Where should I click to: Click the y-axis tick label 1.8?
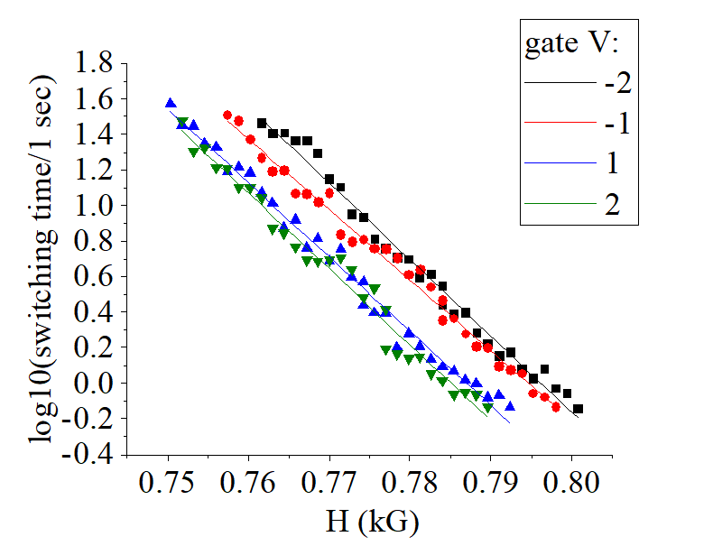click(x=95, y=63)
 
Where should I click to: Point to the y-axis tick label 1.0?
click(x=95, y=206)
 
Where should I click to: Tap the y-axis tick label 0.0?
click(x=95, y=384)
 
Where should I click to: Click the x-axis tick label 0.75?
click(x=169, y=488)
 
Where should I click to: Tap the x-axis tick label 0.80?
click(x=571, y=488)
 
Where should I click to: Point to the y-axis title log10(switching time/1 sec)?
click(x=41, y=259)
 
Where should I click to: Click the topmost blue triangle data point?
click(x=170, y=103)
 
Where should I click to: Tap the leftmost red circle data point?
click(x=227, y=116)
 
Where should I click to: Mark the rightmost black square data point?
click(x=579, y=409)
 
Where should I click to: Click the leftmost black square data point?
click(x=262, y=123)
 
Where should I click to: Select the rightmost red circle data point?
click(x=556, y=407)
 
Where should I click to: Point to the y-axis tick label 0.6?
click(x=95, y=277)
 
